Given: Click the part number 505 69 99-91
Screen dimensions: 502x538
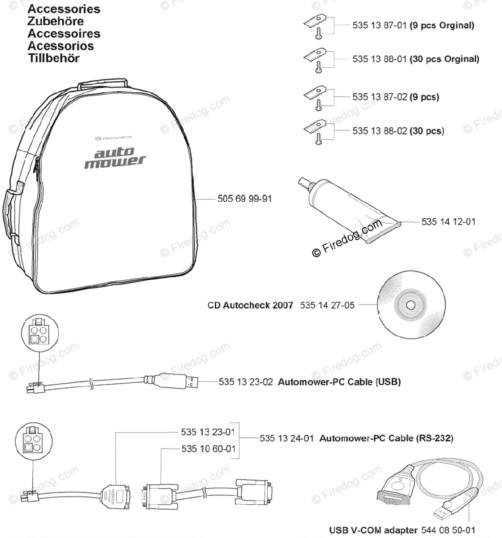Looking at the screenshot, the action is pos(245,198).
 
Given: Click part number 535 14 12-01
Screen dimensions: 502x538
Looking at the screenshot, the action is pos(448,221).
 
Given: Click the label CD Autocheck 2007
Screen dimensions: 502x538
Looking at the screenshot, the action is pos(250,305).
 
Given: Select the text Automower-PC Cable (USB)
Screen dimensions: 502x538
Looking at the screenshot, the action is pos(339,382).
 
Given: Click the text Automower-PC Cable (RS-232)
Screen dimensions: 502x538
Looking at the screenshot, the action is pos(386,438).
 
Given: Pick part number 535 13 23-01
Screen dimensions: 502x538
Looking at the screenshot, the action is pos(208,432).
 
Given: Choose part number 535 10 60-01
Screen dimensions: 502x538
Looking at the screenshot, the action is pos(208,449).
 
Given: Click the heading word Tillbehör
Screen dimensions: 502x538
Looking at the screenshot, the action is pos(53,58).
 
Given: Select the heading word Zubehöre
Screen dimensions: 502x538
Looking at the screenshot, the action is pos(56,21).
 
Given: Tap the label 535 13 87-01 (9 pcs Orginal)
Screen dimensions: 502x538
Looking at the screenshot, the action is pos(413,26).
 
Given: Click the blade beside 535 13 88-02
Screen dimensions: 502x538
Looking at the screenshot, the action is pos(315,125).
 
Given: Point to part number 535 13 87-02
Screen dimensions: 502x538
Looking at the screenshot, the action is pos(379,97).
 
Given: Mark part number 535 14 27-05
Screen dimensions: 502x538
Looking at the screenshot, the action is pos(327,305).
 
